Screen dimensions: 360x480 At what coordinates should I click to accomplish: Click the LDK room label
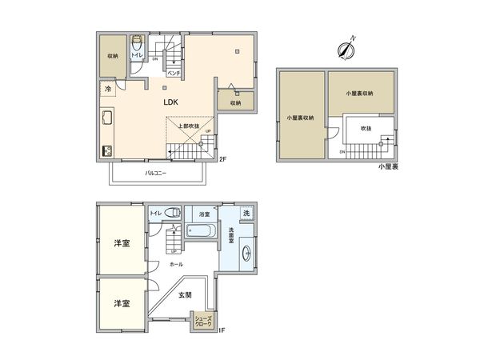(x=170, y=102)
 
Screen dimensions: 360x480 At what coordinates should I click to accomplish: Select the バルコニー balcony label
(x=155, y=172)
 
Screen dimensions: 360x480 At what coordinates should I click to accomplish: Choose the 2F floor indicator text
(x=224, y=159)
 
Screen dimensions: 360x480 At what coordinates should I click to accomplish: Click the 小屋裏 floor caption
(x=390, y=166)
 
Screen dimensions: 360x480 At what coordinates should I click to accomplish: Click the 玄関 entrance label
(x=185, y=295)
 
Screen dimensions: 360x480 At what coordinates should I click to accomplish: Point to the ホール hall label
(x=177, y=264)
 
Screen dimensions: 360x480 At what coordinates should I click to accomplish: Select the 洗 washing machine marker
(x=246, y=214)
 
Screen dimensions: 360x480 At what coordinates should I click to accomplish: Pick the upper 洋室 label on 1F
(x=122, y=242)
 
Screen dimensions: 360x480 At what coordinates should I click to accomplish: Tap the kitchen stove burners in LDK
(x=106, y=150)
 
